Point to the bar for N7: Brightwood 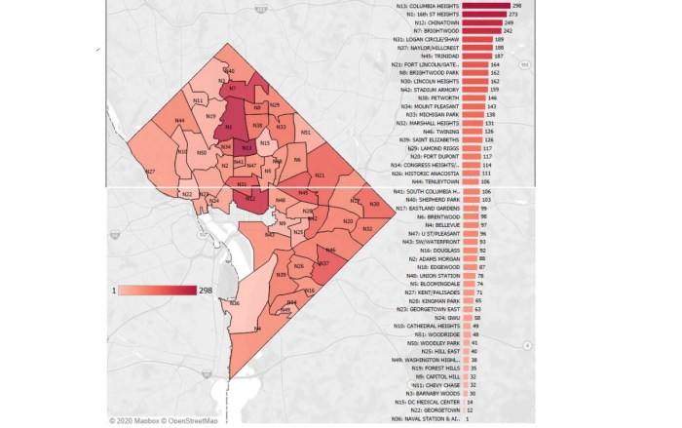click(x=481, y=32)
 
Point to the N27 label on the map click(x=150, y=172)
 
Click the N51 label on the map click(x=306, y=132)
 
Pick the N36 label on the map click(x=235, y=303)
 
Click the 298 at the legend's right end click(x=206, y=291)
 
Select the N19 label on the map click(x=210, y=116)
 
